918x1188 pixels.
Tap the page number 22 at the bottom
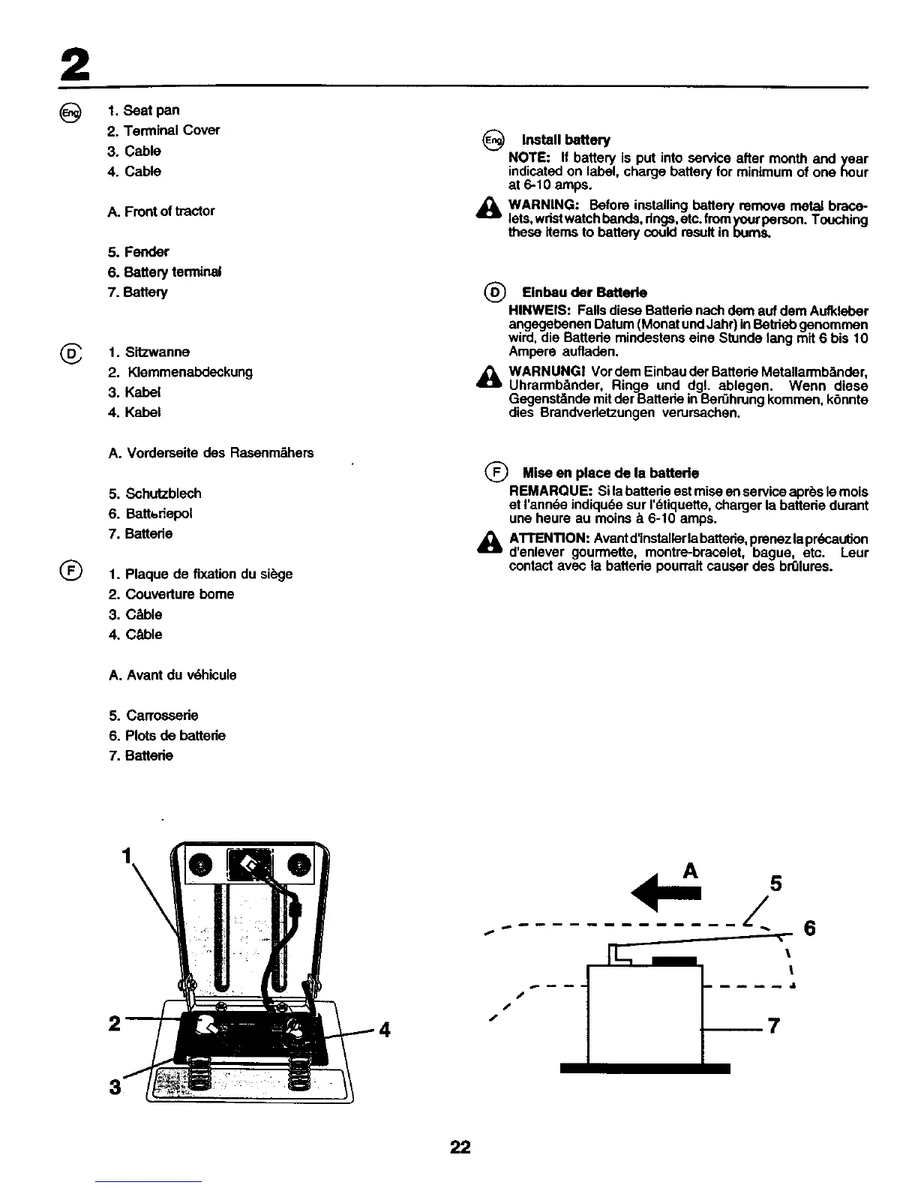tap(460, 1147)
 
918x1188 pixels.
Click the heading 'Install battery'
tap(565, 139)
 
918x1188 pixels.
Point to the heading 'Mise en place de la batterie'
tap(610, 473)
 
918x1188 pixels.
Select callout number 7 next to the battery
tap(772, 1025)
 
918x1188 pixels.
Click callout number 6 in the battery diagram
tap(809, 928)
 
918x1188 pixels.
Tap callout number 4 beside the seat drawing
tap(384, 1029)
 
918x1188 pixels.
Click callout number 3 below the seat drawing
tap(114, 1086)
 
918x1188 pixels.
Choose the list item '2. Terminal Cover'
tap(163, 130)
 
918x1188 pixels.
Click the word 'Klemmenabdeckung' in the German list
tap(190, 372)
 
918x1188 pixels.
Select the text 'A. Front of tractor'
tap(161, 211)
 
